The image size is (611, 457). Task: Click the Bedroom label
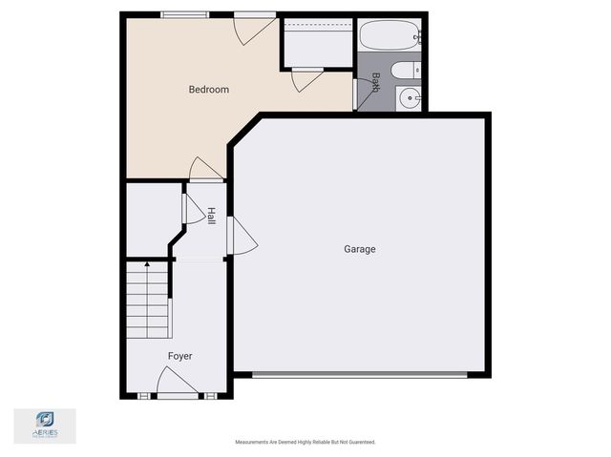click(208, 90)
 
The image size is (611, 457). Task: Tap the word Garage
click(360, 249)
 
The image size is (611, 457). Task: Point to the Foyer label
click(179, 356)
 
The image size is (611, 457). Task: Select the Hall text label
click(210, 217)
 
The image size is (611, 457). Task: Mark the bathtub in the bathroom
click(390, 37)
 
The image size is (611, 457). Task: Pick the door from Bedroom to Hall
click(205, 169)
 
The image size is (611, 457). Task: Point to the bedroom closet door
click(306, 80)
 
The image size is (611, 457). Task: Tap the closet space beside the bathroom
click(317, 43)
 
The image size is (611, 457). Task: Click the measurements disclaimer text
click(305, 442)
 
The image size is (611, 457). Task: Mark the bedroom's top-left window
click(184, 14)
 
